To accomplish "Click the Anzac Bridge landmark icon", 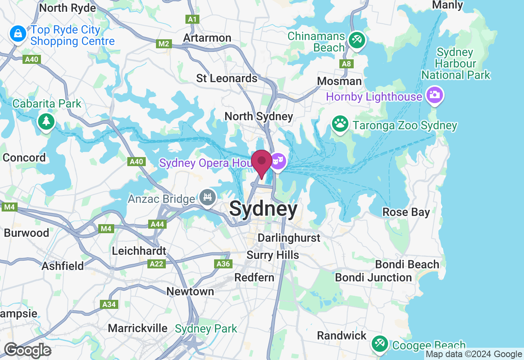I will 208,198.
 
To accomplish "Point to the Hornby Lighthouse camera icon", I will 434,96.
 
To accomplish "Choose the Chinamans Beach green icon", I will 357,40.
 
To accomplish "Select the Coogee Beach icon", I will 379,344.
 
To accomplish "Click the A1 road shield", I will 192,19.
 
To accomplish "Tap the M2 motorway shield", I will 163,44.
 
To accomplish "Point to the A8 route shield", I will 346,64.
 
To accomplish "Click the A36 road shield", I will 223,264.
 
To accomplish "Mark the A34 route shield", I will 109,304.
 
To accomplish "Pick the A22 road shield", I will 156,264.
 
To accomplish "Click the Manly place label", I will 448,5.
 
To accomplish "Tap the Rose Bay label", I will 406,212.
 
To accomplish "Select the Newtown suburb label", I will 190,291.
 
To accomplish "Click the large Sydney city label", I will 263,209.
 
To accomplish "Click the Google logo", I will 27,350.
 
